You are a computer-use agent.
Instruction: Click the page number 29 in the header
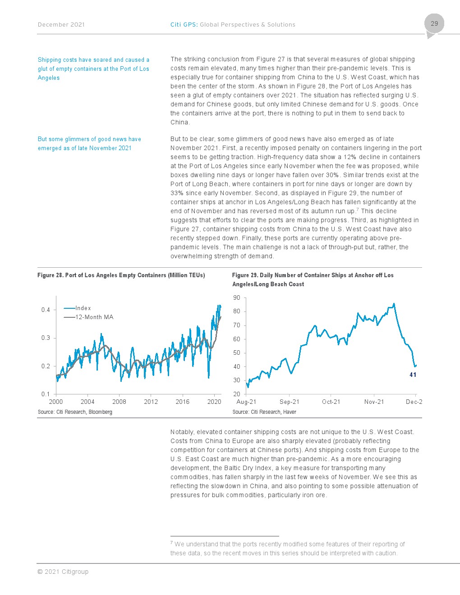(x=434, y=23)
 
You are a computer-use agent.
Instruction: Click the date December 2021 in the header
(x=61, y=25)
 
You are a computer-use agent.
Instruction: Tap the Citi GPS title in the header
(x=233, y=25)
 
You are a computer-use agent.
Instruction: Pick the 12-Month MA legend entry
(x=88, y=317)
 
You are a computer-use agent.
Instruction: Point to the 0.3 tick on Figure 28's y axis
(x=46, y=338)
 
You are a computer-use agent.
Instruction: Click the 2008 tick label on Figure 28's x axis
(x=119, y=402)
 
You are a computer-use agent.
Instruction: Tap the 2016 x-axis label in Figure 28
(x=183, y=402)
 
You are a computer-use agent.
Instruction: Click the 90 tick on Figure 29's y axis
(x=236, y=297)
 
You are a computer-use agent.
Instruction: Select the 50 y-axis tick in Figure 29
(x=236, y=352)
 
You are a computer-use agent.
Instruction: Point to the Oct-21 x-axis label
(x=331, y=402)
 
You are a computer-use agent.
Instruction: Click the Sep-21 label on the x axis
(x=290, y=402)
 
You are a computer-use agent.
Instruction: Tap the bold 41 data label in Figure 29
(x=413, y=375)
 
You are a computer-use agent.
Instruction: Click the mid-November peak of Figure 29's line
(x=394, y=304)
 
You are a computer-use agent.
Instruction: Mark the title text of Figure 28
(x=121, y=275)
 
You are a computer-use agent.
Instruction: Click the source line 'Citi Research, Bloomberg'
(x=75, y=412)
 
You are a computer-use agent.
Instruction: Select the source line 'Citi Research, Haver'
(x=264, y=412)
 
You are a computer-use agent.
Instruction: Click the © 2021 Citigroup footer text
(x=63, y=572)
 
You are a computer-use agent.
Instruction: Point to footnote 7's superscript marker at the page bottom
(x=171, y=542)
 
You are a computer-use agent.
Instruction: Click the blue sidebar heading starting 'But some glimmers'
(x=89, y=143)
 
